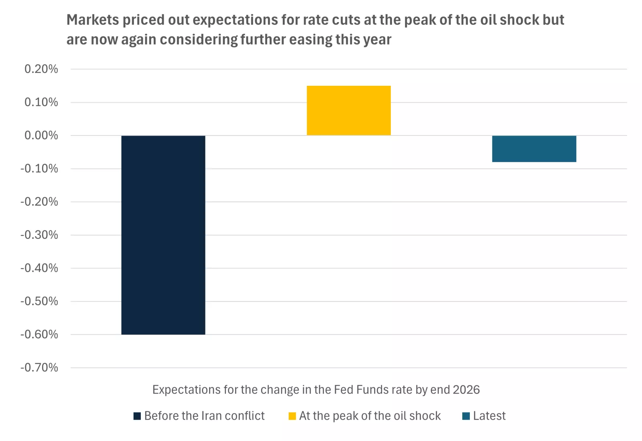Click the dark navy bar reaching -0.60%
click(163, 235)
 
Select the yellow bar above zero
click(348, 111)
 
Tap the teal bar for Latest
click(534, 149)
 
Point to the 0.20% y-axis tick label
click(41, 69)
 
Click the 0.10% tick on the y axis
click(41, 102)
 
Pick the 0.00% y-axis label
click(41, 136)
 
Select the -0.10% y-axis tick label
click(39, 169)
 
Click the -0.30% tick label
click(39, 235)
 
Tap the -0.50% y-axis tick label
click(39, 301)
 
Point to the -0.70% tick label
click(39, 368)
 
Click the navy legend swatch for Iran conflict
click(137, 416)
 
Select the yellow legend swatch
click(292, 416)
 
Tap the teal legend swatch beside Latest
click(466, 416)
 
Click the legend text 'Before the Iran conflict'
click(204, 416)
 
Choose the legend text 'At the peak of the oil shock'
click(370, 416)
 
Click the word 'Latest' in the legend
click(489, 416)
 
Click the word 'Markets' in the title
click(92, 20)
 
